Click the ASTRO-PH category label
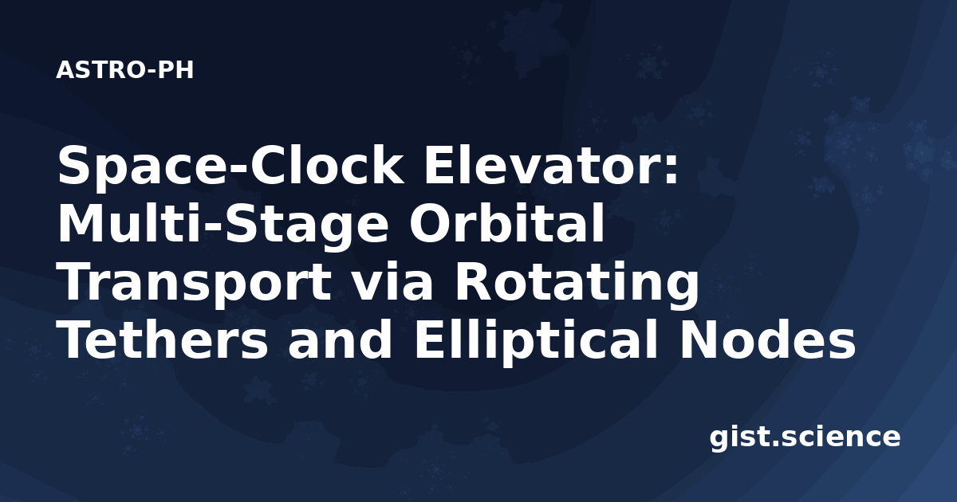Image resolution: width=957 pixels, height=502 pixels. click(124, 70)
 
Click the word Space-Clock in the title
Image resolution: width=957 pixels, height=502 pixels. click(230, 167)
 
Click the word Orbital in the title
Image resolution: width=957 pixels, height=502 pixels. click(506, 223)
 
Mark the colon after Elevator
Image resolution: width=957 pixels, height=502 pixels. click(672, 170)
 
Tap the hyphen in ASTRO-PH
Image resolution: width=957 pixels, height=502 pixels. click(152, 72)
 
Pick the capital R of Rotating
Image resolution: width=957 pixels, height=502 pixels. click(475, 281)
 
